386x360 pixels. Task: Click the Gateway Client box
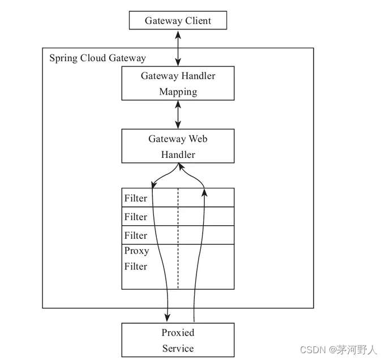coord(178,21)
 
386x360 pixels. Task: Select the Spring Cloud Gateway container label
coord(97,58)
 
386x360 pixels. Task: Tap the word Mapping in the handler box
coord(178,92)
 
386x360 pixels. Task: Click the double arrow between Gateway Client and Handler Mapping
coord(178,48)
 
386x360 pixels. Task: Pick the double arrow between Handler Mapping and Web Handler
coord(178,115)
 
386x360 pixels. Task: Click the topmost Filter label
coord(136,198)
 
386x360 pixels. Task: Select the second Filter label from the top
coord(136,217)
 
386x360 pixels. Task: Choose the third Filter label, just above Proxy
coord(136,235)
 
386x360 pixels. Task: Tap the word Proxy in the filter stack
coord(136,251)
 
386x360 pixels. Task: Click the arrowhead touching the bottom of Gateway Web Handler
coord(178,166)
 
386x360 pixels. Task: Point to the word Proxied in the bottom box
coord(178,332)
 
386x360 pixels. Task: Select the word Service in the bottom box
coord(178,348)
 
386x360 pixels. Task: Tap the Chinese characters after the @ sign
coord(357,350)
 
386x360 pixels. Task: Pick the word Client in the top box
coord(198,21)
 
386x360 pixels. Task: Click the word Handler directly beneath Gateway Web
coord(178,155)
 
